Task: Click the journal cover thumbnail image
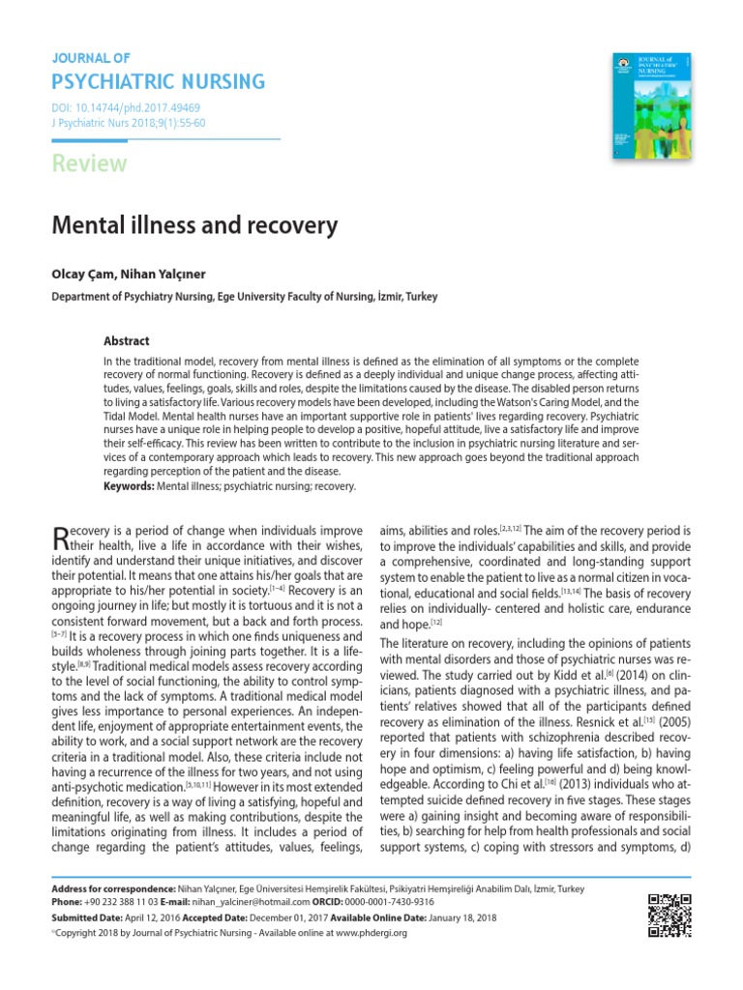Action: pos(654,107)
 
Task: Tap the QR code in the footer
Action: pos(669,916)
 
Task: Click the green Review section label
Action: pos(89,163)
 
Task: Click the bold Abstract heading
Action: pos(127,341)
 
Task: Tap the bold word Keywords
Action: pos(128,486)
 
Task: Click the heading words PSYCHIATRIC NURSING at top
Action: pos(158,80)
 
